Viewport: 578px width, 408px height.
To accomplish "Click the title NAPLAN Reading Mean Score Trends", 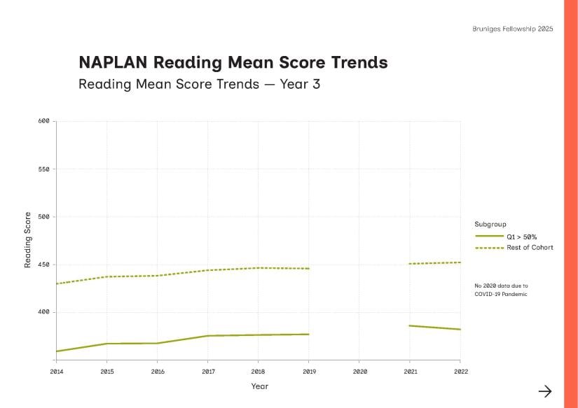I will point(233,62).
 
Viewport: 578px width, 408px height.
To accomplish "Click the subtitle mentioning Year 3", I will point(199,85).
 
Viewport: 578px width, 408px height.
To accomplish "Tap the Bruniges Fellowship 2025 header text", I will point(513,29).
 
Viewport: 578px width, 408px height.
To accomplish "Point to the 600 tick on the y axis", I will point(43,121).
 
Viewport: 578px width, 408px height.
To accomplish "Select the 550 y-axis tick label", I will point(43,169).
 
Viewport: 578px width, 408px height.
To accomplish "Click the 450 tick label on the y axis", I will point(43,265).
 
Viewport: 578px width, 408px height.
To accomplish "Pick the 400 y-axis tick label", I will point(43,312).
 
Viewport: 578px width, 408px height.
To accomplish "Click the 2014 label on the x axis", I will point(56,371).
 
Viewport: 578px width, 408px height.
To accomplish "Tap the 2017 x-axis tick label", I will point(208,371).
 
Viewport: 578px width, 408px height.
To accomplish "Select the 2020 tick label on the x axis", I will point(359,371).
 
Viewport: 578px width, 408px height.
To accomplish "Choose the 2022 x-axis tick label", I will point(460,371).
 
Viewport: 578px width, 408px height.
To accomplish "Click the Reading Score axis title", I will point(28,239).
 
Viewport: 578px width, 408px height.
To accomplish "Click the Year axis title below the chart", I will point(259,386).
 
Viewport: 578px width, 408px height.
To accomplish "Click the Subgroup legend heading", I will point(490,224).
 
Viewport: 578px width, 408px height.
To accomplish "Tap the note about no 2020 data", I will point(501,290).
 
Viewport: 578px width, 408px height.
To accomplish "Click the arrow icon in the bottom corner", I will point(545,391).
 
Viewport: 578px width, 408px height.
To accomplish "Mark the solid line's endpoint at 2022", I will point(460,329).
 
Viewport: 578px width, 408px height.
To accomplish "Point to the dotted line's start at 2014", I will point(57,283).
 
